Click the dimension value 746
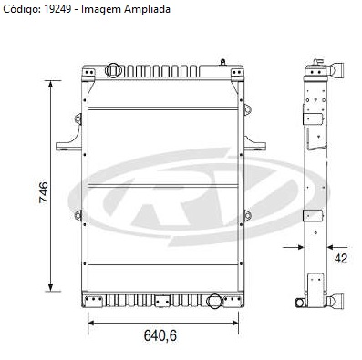[x=44, y=192]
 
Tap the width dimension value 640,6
[x=160, y=335]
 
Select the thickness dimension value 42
[x=341, y=258]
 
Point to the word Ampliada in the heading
[x=147, y=10]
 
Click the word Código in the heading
[x=21, y=9]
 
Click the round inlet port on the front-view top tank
[x=113, y=70]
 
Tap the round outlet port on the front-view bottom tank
[x=215, y=301]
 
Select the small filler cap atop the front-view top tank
[x=223, y=62]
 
